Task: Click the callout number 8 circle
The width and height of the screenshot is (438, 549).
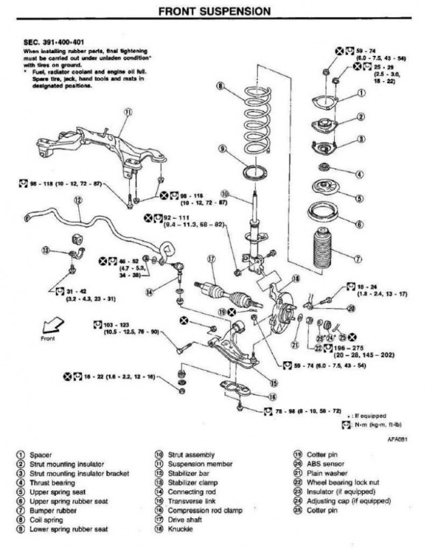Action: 220,86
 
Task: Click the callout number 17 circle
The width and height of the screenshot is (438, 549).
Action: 211,259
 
